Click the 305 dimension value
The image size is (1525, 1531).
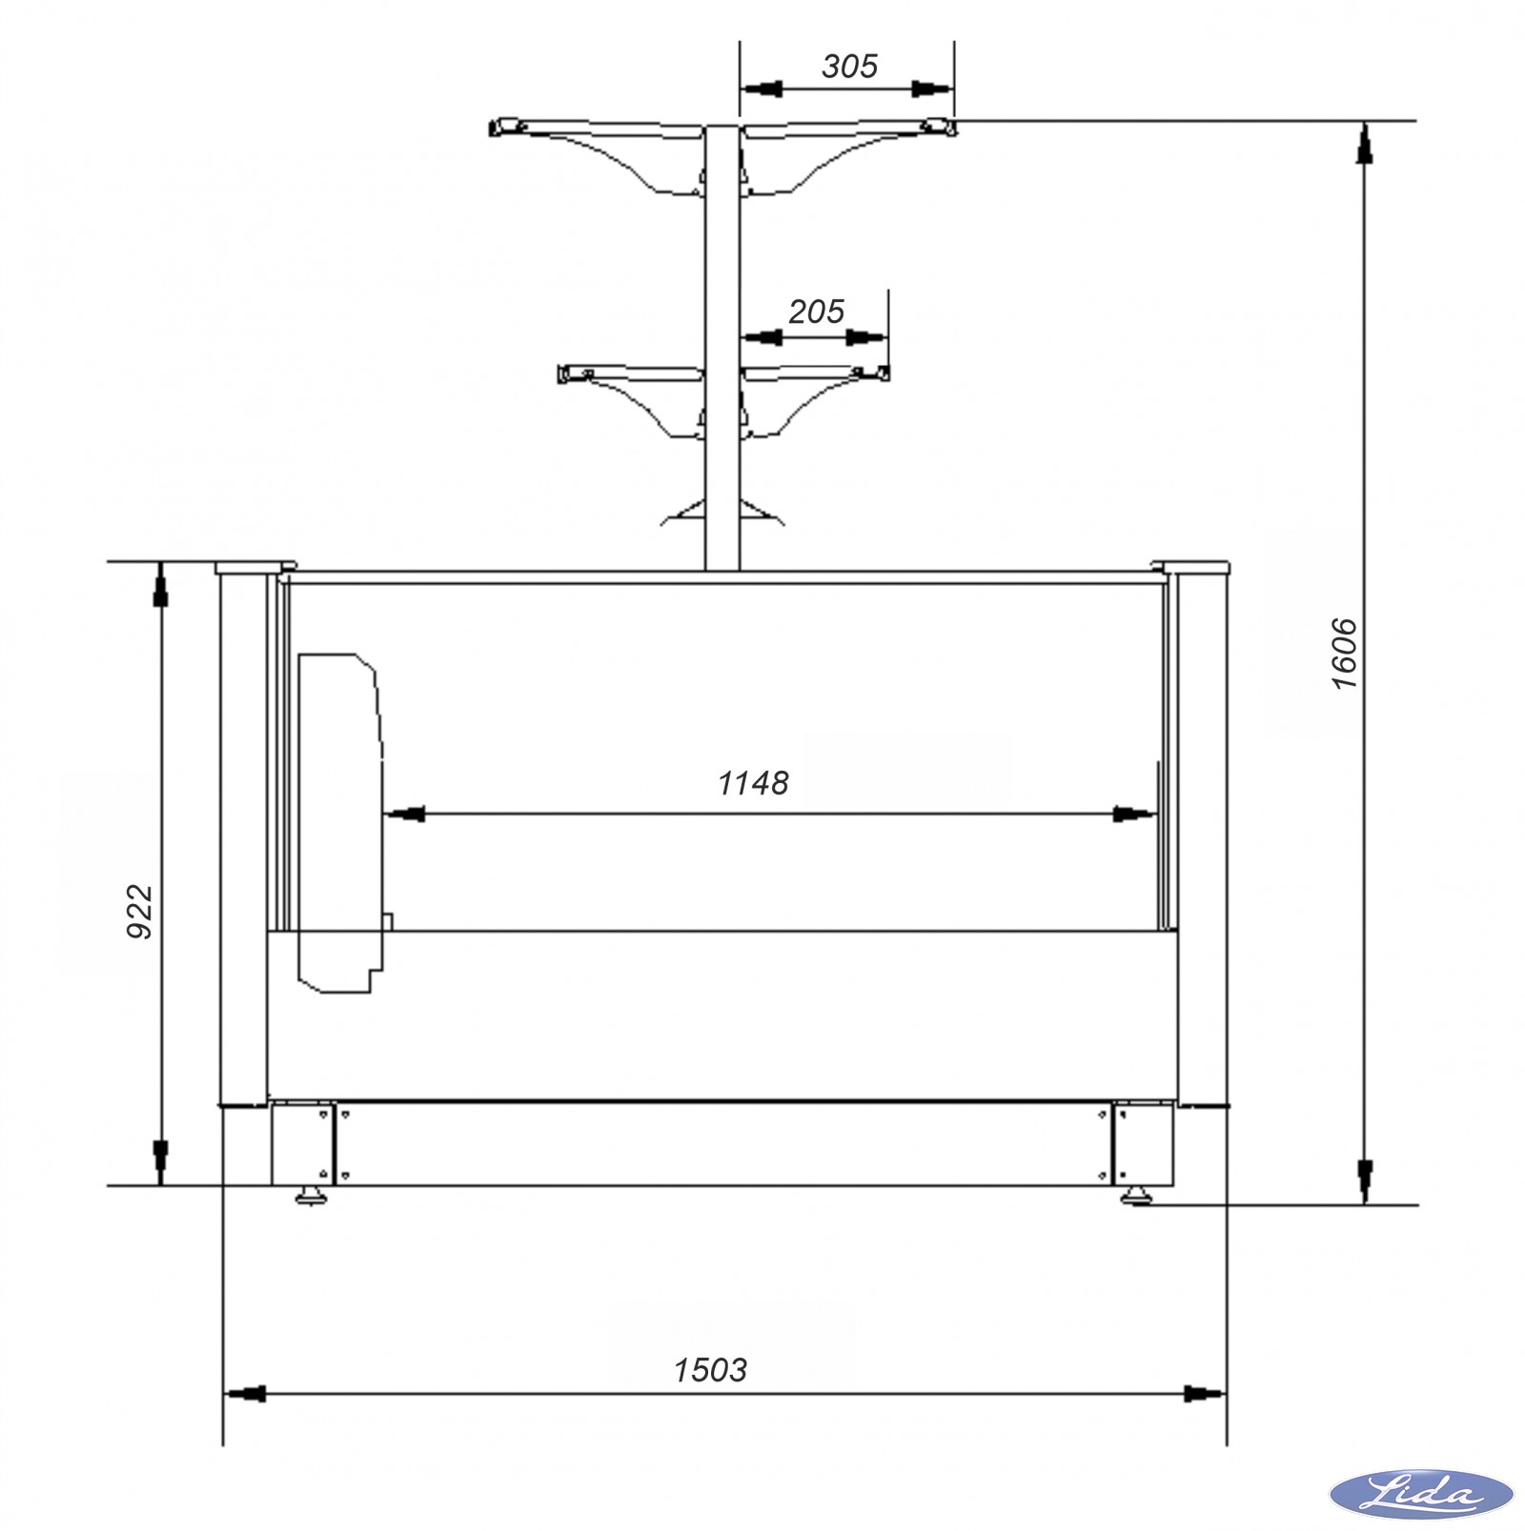(x=849, y=67)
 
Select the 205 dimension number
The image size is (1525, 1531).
(x=817, y=312)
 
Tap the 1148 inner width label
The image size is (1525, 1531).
(x=753, y=783)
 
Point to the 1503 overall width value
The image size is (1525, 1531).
(x=710, y=1370)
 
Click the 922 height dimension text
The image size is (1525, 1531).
(x=140, y=912)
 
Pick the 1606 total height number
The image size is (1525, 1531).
(x=1344, y=654)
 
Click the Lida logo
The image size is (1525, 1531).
(x=1421, y=1492)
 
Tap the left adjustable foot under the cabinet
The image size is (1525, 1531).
(x=311, y=1195)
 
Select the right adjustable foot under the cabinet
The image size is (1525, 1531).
(x=1136, y=1195)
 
